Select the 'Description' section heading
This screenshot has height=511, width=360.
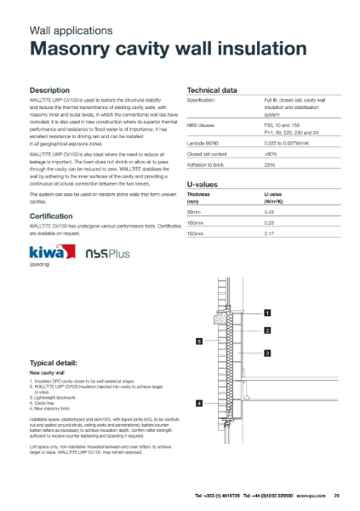tap(55, 89)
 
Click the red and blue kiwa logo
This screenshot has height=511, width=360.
tap(50, 253)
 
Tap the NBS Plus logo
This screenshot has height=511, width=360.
tap(104, 254)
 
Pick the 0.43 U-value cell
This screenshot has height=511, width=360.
tap(268, 210)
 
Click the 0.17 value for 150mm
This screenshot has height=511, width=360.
tap(268, 233)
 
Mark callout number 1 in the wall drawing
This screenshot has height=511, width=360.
tap(267, 313)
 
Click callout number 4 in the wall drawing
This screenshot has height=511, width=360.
tap(199, 402)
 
